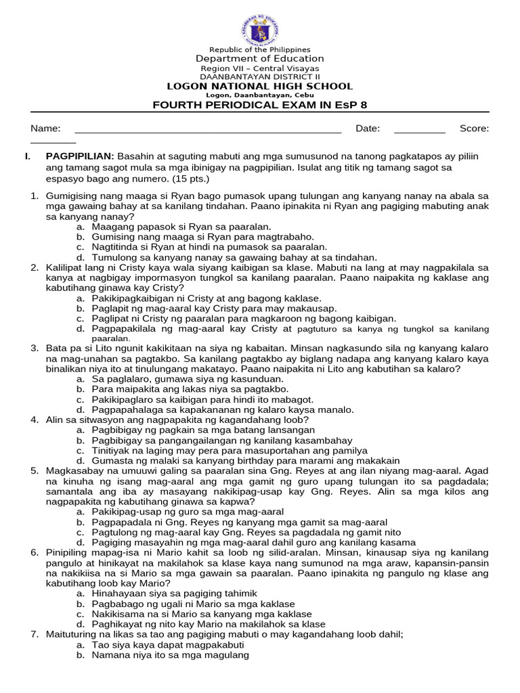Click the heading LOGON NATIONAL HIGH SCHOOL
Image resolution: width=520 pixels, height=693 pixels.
260,86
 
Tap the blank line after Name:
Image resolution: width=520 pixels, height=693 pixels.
207,129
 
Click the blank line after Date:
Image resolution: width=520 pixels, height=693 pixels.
419,129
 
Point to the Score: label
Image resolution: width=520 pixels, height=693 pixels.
474,129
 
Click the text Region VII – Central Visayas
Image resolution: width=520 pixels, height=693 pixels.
260,68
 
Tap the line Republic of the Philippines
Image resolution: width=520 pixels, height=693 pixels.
260,50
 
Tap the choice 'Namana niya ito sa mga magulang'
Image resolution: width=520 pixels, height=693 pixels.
171,654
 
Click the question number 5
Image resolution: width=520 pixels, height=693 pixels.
35,470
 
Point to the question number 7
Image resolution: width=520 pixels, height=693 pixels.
35,634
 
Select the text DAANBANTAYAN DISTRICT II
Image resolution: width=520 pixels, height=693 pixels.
260,77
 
